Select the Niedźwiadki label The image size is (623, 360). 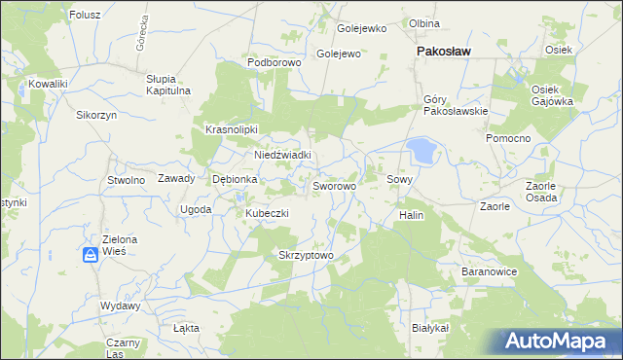(282, 155)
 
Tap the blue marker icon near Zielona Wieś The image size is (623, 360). (90, 255)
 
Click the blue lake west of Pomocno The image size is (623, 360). (421, 150)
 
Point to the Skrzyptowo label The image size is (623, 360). (306, 256)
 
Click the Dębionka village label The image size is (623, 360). (235, 179)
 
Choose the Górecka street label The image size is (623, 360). (142, 34)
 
